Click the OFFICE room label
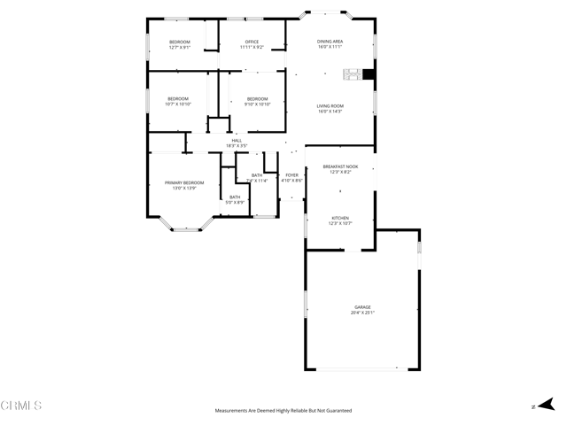click(252, 42)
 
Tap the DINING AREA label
click(330, 42)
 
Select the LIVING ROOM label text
click(330, 106)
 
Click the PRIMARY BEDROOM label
click(184, 182)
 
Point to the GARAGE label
click(361, 307)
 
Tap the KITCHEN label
click(340, 218)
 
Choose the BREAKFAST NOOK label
click(340, 166)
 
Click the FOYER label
click(292, 175)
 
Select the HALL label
click(237, 140)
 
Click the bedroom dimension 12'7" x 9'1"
click(180, 47)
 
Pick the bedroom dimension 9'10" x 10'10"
click(257, 104)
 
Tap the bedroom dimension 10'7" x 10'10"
click(178, 104)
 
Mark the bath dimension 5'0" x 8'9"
click(235, 202)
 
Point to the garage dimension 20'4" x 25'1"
click(361, 313)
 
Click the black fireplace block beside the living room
click(369, 75)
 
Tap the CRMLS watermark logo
click(21, 406)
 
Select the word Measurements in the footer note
click(232, 411)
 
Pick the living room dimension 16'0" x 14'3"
click(330, 112)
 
